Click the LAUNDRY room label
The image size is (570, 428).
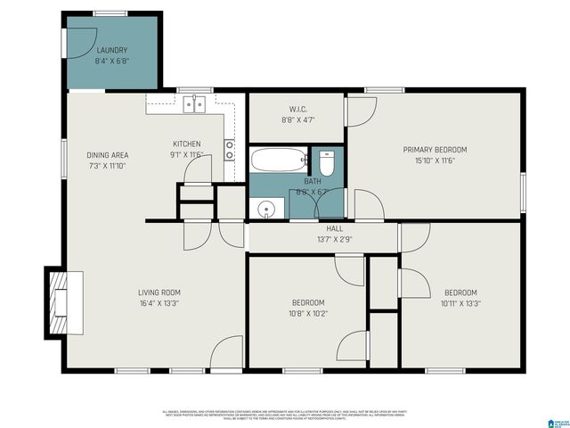112,51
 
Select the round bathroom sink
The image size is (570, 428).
265,210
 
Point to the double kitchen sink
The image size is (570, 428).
194,105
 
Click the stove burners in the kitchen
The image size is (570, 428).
229,149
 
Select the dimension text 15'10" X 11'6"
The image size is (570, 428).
435,160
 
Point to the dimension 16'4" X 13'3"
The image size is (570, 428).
159,303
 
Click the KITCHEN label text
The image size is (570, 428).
186,144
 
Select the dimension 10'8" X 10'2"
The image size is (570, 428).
306,313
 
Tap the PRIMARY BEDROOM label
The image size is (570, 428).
435,150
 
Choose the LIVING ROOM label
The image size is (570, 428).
159,292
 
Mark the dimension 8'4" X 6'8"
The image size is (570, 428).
112,62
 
